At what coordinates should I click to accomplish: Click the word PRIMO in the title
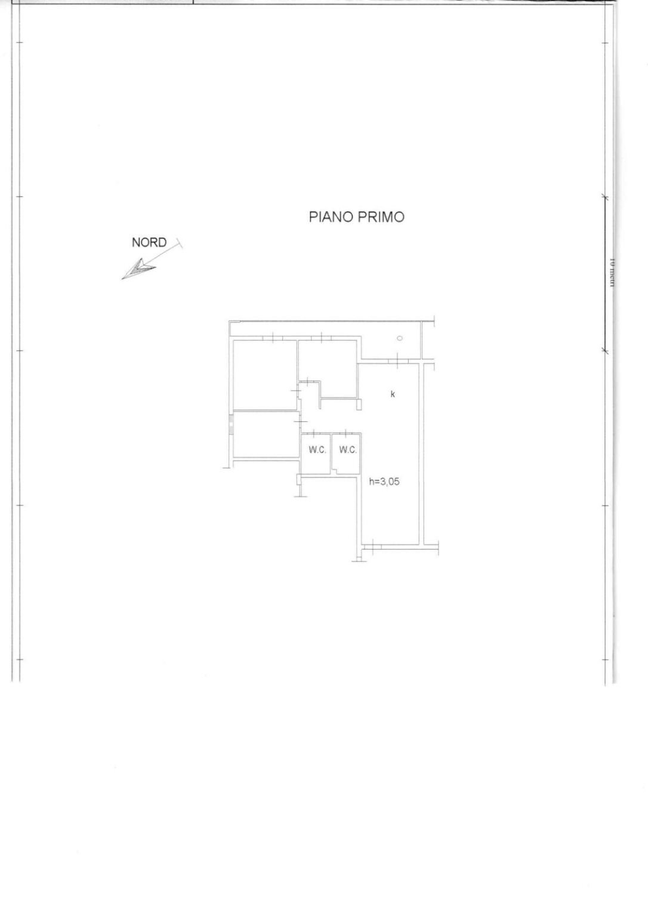[x=381, y=217]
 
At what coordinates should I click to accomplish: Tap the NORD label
[x=149, y=242]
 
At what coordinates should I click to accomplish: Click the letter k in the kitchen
[x=393, y=394]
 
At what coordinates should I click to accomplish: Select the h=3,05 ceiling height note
[x=384, y=482]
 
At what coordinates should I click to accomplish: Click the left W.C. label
[x=317, y=449]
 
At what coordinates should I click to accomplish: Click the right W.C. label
[x=348, y=449]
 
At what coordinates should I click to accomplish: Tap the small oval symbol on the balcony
[x=400, y=338]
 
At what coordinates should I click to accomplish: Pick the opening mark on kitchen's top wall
[x=396, y=360]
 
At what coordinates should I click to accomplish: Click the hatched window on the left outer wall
[x=230, y=427]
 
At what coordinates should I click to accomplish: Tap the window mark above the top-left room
[x=272, y=339]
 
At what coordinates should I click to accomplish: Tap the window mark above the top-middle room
[x=321, y=339]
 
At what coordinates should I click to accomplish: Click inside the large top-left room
[x=265, y=374]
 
